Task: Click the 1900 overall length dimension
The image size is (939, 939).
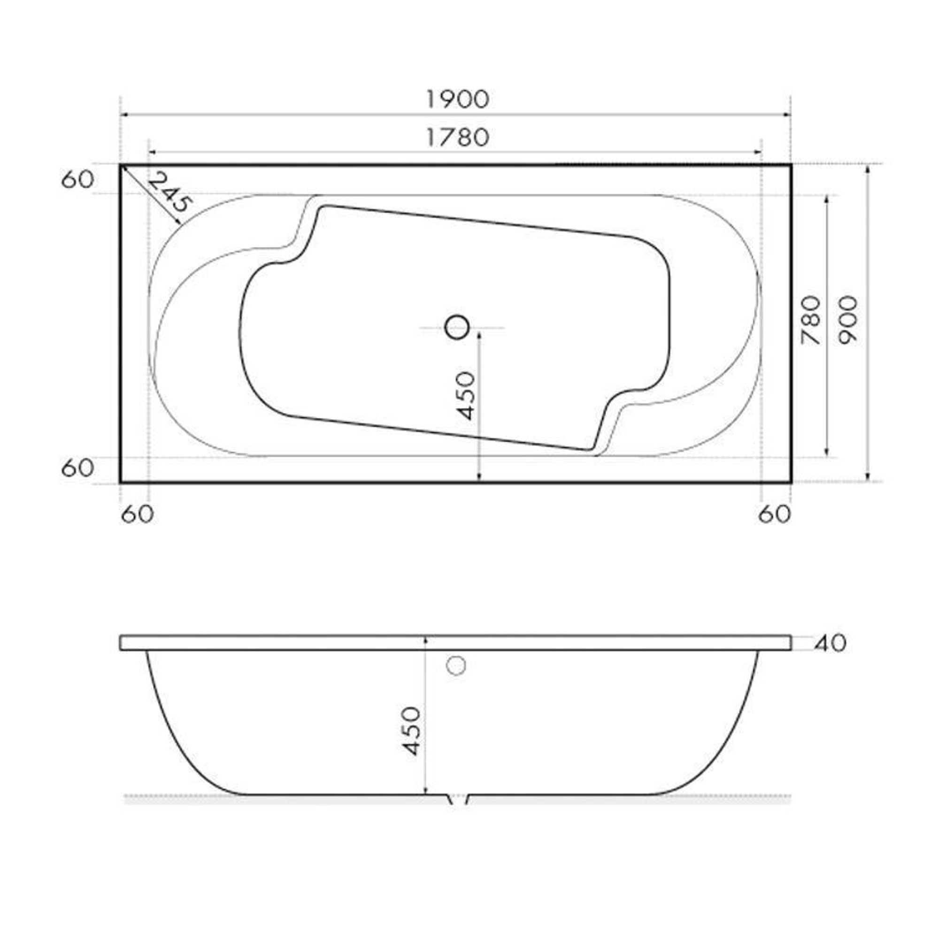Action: coord(457,100)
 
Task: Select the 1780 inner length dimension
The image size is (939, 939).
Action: coord(457,138)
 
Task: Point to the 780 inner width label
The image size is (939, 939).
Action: coord(811,321)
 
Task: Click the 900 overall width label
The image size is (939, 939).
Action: coord(848,320)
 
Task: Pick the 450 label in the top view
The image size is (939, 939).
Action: coord(466,396)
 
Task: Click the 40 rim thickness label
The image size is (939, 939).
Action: coord(831,644)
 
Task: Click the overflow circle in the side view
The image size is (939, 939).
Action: coord(456,665)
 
